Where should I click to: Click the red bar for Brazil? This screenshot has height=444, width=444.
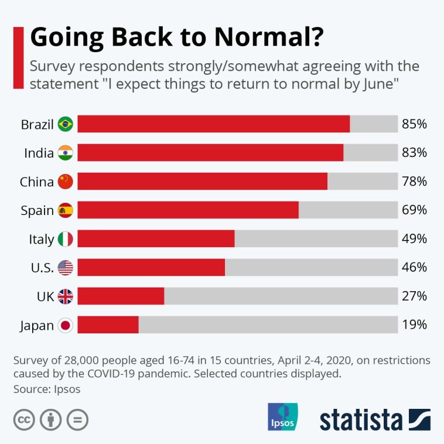click(x=213, y=124)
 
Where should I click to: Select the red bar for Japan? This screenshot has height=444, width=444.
click(x=108, y=325)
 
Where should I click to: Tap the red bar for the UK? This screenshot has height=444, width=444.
click(x=121, y=296)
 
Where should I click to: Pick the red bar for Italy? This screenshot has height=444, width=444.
click(x=156, y=239)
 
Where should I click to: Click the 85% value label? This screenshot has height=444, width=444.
click(x=414, y=124)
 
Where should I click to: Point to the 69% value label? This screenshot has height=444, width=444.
click(x=414, y=210)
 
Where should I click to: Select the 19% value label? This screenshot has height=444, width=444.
click(x=414, y=325)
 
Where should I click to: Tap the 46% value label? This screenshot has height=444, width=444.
click(x=414, y=268)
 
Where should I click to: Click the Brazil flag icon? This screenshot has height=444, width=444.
click(x=65, y=124)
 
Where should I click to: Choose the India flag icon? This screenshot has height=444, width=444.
click(x=65, y=153)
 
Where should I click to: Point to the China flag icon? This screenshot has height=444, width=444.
click(x=65, y=182)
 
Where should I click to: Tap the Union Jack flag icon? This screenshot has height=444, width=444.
click(x=65, y=296)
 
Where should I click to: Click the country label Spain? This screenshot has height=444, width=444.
click(x=37, y=210)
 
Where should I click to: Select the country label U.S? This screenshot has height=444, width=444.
click(x=42, y=268)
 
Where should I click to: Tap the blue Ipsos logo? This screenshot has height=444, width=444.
click(x=282, y=416)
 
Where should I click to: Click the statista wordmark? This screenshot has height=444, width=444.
click(x=361, y=419)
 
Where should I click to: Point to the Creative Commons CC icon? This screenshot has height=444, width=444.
click(x=24, y=419)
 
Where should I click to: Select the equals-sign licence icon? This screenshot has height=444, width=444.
click(x=77, y=419)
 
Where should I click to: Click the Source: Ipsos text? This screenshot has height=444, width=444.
click(x=46, y=388)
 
